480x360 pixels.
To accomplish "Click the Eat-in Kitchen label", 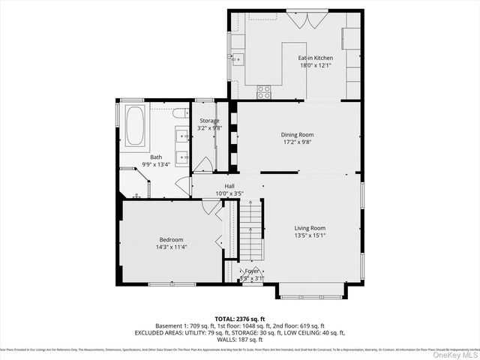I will click(x=315, y=58).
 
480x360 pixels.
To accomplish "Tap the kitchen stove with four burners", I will click(x=264, y=91).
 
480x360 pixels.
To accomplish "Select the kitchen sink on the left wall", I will click(x=238, y=60).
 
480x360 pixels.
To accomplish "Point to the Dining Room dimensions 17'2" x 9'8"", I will click(x=297, y=142).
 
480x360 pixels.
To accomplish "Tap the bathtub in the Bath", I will click(x=136, y=127).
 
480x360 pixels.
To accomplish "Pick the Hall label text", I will click(x=230, y=187).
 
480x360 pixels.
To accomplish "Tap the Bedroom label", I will click(x=170, y=239).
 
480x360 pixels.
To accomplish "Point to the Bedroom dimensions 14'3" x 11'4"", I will click(x=170, y=247).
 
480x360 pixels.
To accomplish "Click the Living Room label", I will click(x=309, y=228).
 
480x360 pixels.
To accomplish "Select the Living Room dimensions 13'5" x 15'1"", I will click(x=309, y=235).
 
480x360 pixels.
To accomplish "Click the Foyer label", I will click(x=251, y=271).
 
